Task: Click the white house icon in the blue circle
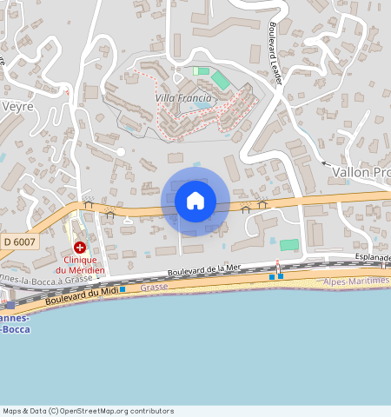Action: [195, 201]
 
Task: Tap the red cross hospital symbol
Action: [79, 248]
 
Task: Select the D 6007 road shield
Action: [18, 241]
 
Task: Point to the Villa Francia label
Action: [182, 98]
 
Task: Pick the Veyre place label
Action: [17, 105]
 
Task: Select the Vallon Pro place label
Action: [361, 172]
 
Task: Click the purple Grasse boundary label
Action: [153, 287]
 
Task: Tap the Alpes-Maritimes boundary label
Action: [356, 281]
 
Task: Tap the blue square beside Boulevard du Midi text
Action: [123, 289]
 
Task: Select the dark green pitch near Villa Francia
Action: [221, 80]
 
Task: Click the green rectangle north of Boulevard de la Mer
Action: [288, 245]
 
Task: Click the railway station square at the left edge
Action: [10, 305]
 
